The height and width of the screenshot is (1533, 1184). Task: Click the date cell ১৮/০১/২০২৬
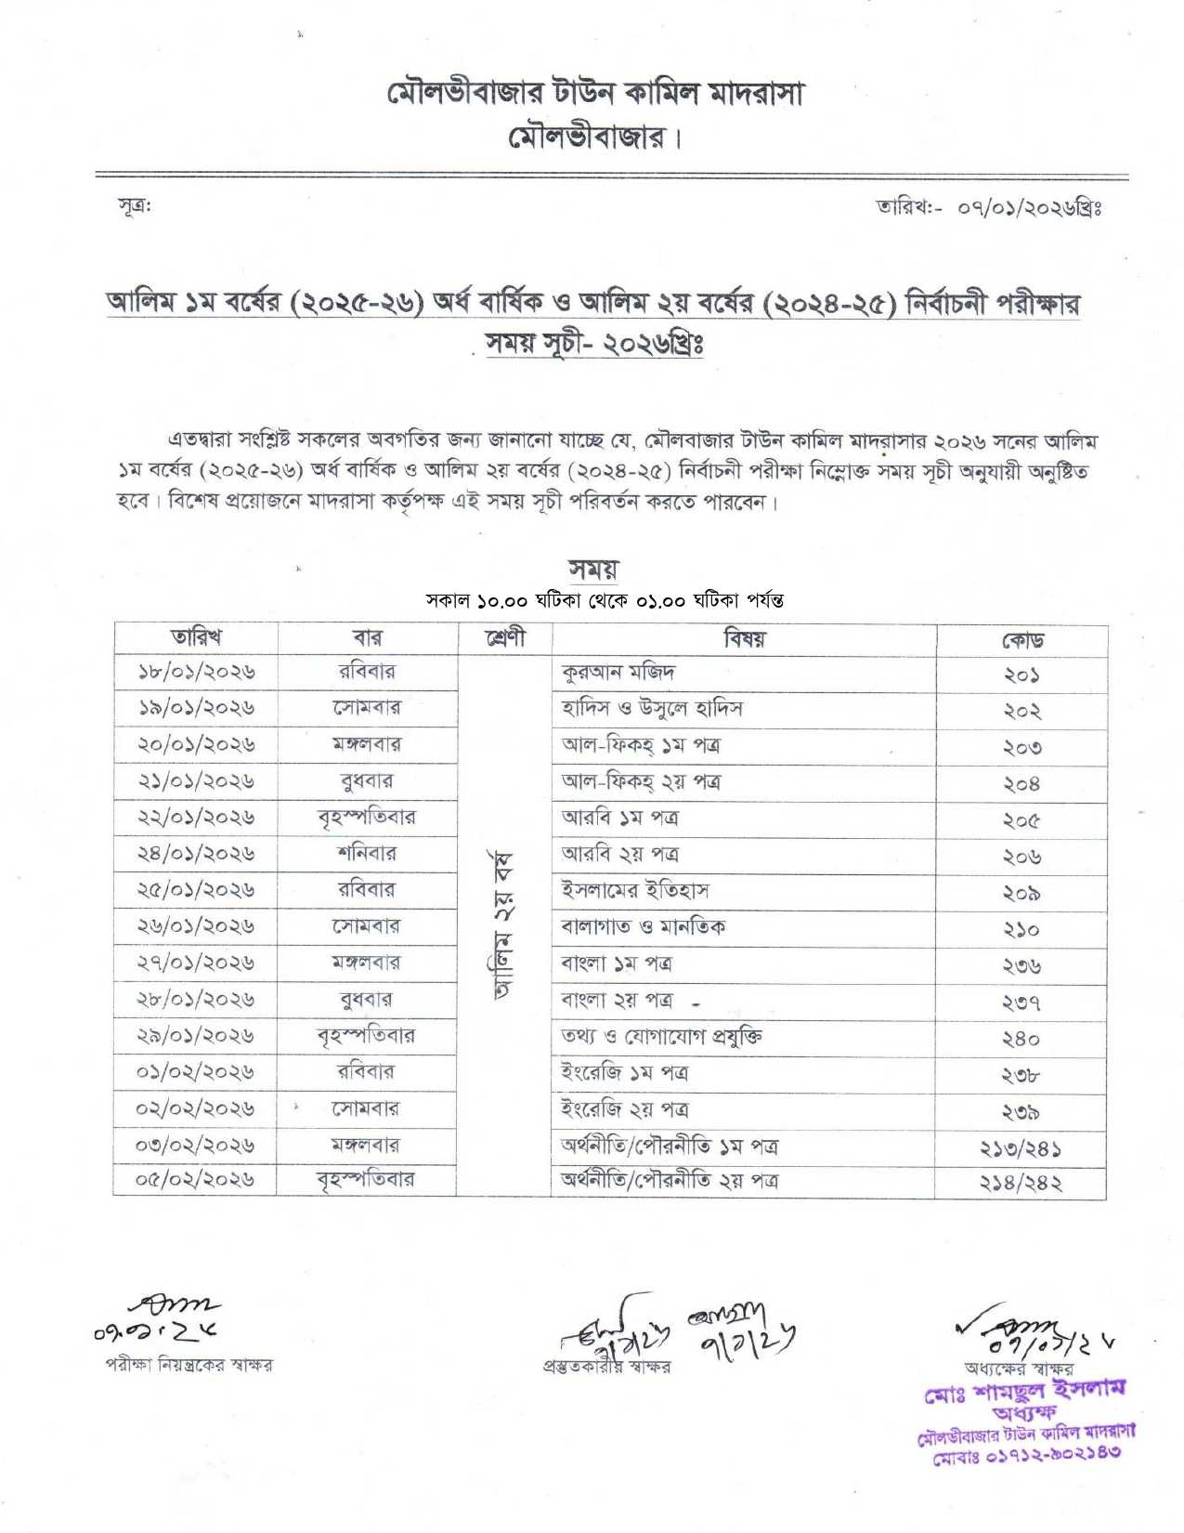pyautogui.click(x=196, y=672)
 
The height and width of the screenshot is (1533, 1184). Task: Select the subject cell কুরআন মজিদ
pyautogui.click(x=618, y=672)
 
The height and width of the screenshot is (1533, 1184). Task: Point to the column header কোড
pyautogui.click(x=1021, y=640)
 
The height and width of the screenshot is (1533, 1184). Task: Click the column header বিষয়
pyautogui.click(x=744, y=638)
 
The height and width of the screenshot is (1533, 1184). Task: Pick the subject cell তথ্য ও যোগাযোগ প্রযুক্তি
pyautogui.click(x=661, y=1036)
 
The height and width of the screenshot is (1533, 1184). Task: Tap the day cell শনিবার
pyautogui.click(x=367, y=853)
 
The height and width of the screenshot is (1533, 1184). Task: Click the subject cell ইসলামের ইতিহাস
pyautogui.click(x=634, y=890)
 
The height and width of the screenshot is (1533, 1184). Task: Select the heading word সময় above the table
pyautogui.click(x=592, y=568)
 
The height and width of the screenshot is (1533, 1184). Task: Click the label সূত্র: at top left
pyautogui.click(x=136, y=205)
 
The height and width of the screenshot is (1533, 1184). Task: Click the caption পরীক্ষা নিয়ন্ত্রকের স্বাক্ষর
pyautogui.click(x=189, y=1365)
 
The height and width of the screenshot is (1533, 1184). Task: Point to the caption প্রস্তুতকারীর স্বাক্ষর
pyautogui.click(x=605, y=1367)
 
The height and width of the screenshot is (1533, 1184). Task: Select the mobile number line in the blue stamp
pyautogui.click(x=1026, y=1452)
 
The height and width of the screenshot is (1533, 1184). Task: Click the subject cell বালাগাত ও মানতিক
pyautogui.click(x=643, y=926)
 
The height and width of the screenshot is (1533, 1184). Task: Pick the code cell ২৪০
pyautogui.click(x=1021, y=1039)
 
